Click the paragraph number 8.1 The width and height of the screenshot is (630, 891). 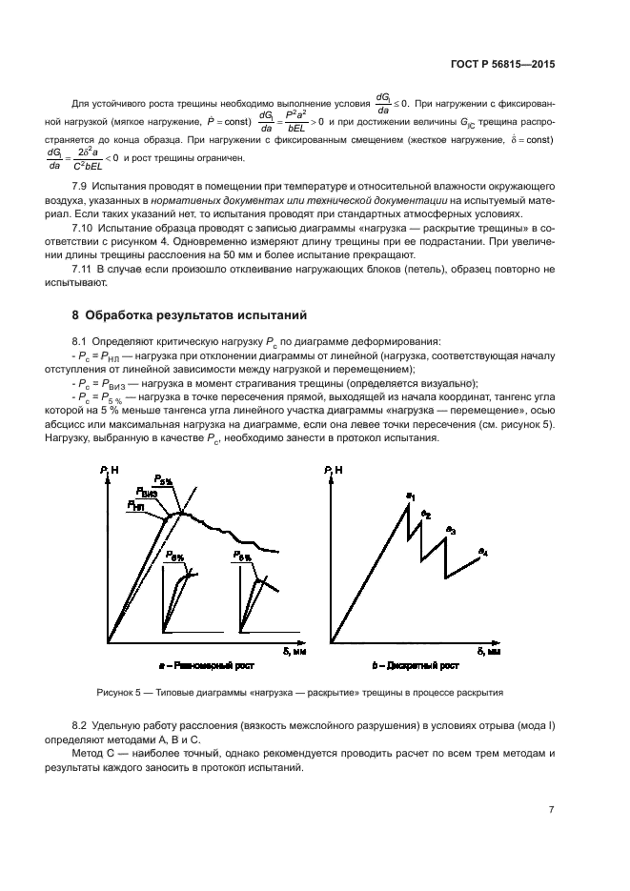click(82, 339)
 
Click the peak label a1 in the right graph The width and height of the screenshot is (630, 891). click(411, 496)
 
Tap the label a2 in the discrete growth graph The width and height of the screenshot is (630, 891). click(427, 515)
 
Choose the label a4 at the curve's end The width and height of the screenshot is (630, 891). click(482, 553)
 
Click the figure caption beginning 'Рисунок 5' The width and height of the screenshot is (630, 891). click(300, 693)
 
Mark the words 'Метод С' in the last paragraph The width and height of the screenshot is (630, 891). click(92, 752)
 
